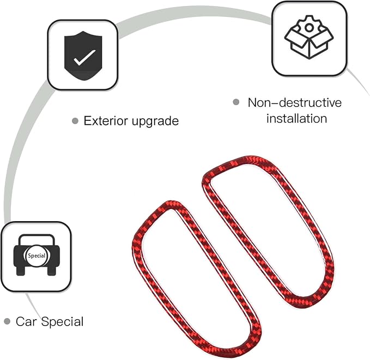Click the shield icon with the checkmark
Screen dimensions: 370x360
coord(83,56)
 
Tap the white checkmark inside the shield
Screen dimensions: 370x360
coord(84,57)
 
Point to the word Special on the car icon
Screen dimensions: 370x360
coord(37,255)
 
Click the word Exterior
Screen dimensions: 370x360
coord(106,121)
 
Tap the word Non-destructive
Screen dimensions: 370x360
coord(295,102)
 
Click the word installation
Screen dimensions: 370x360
coord(296,118)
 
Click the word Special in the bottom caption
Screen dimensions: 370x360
coord(62,322)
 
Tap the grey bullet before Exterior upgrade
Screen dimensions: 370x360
coord(75,121)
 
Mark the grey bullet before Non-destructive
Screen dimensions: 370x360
coord(236,102)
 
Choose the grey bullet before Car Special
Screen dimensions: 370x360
coord(7,321)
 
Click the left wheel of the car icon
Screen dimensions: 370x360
coord(21,271)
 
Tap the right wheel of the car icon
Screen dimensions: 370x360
coord(52,271)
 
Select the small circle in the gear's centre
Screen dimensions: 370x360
coord(308,28)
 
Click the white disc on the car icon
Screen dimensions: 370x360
coord(37,256)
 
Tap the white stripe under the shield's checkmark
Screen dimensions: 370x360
coord(83,72)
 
